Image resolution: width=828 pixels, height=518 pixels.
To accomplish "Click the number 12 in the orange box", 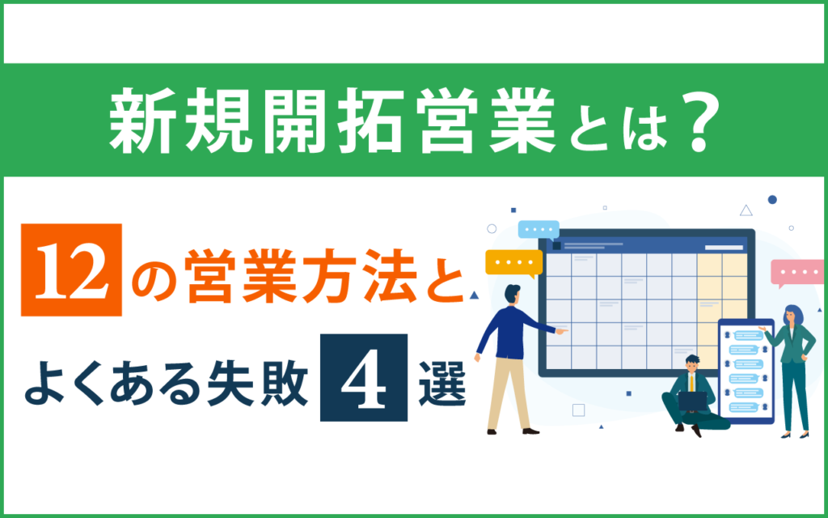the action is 71,270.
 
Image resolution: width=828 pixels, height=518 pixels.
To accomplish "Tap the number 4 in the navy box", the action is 364,378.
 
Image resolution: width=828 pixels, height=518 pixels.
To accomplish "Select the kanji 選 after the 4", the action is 442,380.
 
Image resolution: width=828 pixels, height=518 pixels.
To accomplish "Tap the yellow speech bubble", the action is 513,263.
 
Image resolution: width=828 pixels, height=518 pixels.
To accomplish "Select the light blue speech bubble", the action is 539,230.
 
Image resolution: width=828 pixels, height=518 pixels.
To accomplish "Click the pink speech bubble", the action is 797,274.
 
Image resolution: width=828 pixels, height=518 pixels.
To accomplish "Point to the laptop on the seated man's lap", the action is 692,401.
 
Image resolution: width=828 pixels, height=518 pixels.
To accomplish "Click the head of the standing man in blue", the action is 512,295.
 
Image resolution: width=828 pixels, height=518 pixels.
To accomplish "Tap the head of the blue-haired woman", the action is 793,315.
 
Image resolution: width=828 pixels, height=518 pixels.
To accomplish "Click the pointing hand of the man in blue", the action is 562,331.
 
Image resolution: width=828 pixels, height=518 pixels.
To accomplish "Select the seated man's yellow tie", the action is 692,383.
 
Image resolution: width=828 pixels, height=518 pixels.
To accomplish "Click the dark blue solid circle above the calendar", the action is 772,199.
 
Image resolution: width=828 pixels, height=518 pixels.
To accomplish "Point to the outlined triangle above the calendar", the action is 746,211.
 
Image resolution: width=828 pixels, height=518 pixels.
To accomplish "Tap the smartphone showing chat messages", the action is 746,371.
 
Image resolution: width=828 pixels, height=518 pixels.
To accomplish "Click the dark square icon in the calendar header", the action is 556,246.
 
